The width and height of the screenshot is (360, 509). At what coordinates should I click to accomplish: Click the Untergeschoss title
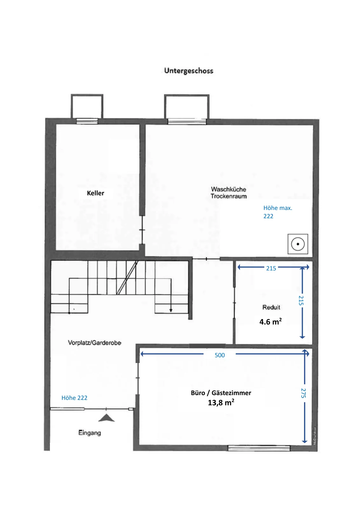pos(189,71)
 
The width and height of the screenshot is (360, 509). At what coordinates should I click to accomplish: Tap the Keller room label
pos(95,193)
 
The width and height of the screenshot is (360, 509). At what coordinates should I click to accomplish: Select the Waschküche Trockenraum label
pos(228,193)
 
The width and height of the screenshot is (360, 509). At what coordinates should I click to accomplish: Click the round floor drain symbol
pos(298,244)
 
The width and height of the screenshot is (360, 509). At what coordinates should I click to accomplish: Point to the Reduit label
pos(271,307)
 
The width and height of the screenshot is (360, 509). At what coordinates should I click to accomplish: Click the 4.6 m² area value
pos(271,322)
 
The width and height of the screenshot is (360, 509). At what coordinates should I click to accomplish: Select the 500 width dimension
pos(220,355)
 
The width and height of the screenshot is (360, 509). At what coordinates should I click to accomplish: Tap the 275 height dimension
pos(303,393)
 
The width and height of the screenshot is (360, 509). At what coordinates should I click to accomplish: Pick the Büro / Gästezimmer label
pos(221,393)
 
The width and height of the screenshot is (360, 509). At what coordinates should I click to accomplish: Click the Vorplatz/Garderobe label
pos(94,343)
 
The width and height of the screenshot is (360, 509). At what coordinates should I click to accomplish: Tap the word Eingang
pos(89,433)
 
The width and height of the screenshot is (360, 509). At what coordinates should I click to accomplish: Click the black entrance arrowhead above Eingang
pos(106,418)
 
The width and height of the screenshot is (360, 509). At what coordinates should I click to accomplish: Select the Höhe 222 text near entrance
pos(74,398)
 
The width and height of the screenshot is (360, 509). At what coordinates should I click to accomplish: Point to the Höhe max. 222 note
pos(278,212)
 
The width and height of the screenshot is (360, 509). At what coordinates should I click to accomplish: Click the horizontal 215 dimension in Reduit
pos(271,268)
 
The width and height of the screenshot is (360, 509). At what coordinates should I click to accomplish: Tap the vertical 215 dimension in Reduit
pos(301,300)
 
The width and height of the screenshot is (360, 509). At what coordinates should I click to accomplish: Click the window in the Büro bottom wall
pos(259,448)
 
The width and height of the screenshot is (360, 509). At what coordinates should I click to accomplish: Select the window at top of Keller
pos(87,121)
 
